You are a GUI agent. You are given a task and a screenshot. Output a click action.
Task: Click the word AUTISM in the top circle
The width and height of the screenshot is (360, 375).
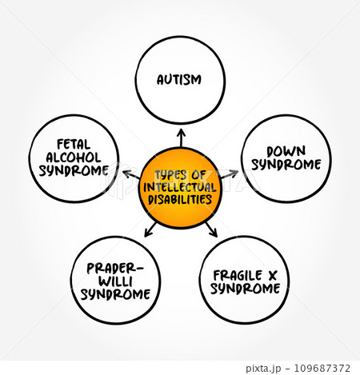(179, 80)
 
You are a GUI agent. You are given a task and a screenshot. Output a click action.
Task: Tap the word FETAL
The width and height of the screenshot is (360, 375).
(74, 145)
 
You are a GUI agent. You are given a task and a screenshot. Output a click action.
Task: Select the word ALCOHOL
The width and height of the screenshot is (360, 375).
(74, 158)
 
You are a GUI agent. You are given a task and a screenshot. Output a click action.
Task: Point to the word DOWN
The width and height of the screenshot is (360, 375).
(286, 151)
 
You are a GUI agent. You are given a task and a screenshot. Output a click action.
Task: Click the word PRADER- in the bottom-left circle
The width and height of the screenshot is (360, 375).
(115, 269)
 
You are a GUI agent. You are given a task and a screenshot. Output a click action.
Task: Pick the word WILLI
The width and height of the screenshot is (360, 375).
(115, 281)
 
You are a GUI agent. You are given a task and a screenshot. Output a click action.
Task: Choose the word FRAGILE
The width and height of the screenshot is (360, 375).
(238, 275)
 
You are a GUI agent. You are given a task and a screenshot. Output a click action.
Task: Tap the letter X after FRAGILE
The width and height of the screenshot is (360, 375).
(273, 276)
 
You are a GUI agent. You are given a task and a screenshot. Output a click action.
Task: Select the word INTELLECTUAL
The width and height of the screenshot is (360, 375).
(180, 187)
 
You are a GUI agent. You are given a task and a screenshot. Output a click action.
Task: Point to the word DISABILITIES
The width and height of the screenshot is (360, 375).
(180, 200)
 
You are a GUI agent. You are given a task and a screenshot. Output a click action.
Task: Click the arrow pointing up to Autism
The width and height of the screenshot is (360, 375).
(182, 138)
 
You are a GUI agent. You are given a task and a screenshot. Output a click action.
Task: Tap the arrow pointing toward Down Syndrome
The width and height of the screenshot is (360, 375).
(230, 174)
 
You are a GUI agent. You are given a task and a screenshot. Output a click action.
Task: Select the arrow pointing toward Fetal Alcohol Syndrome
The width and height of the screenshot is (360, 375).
(131, 174)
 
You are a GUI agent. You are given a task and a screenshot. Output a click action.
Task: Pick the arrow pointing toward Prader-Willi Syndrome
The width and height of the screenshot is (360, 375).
(150, 229)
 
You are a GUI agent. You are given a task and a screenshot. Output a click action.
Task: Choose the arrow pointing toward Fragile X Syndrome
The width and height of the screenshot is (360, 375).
(211, 229)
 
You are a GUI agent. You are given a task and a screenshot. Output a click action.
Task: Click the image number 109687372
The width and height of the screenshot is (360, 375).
(322, 368)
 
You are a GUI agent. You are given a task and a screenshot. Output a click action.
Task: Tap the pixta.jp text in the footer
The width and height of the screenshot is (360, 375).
(263, 369)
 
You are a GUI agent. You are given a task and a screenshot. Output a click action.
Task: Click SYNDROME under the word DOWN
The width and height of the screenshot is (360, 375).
(286, 165)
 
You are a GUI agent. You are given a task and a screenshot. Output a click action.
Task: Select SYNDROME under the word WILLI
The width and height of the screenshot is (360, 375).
(115, 294)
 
